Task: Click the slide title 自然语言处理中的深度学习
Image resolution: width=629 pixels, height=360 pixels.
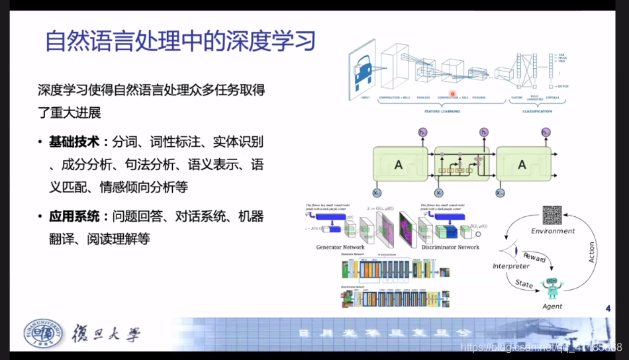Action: point(179,42)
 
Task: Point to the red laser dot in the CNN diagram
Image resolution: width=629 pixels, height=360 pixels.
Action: point(454,95)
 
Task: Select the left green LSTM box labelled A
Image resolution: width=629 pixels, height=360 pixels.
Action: point(399,165)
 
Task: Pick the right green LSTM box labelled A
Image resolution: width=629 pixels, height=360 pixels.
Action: point(522,165)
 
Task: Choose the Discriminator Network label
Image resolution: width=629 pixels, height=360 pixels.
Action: point(450,247)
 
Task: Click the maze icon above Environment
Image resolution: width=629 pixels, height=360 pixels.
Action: point(552,216)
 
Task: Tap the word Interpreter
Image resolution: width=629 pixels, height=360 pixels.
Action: point(511,266)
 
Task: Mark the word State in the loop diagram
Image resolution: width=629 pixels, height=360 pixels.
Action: point(524,284)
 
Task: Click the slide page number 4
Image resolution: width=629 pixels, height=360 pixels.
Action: point(608,308)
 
